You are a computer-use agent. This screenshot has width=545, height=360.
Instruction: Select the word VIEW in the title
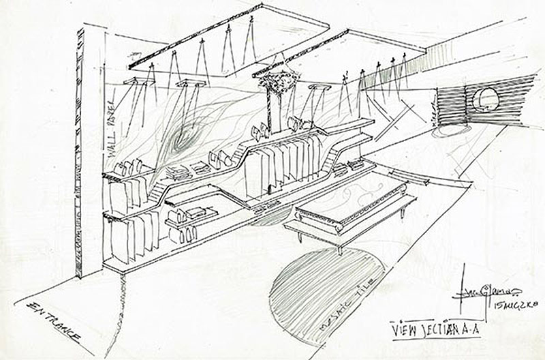[405, 328]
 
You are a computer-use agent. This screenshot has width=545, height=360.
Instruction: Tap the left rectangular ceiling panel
[228, 37]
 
